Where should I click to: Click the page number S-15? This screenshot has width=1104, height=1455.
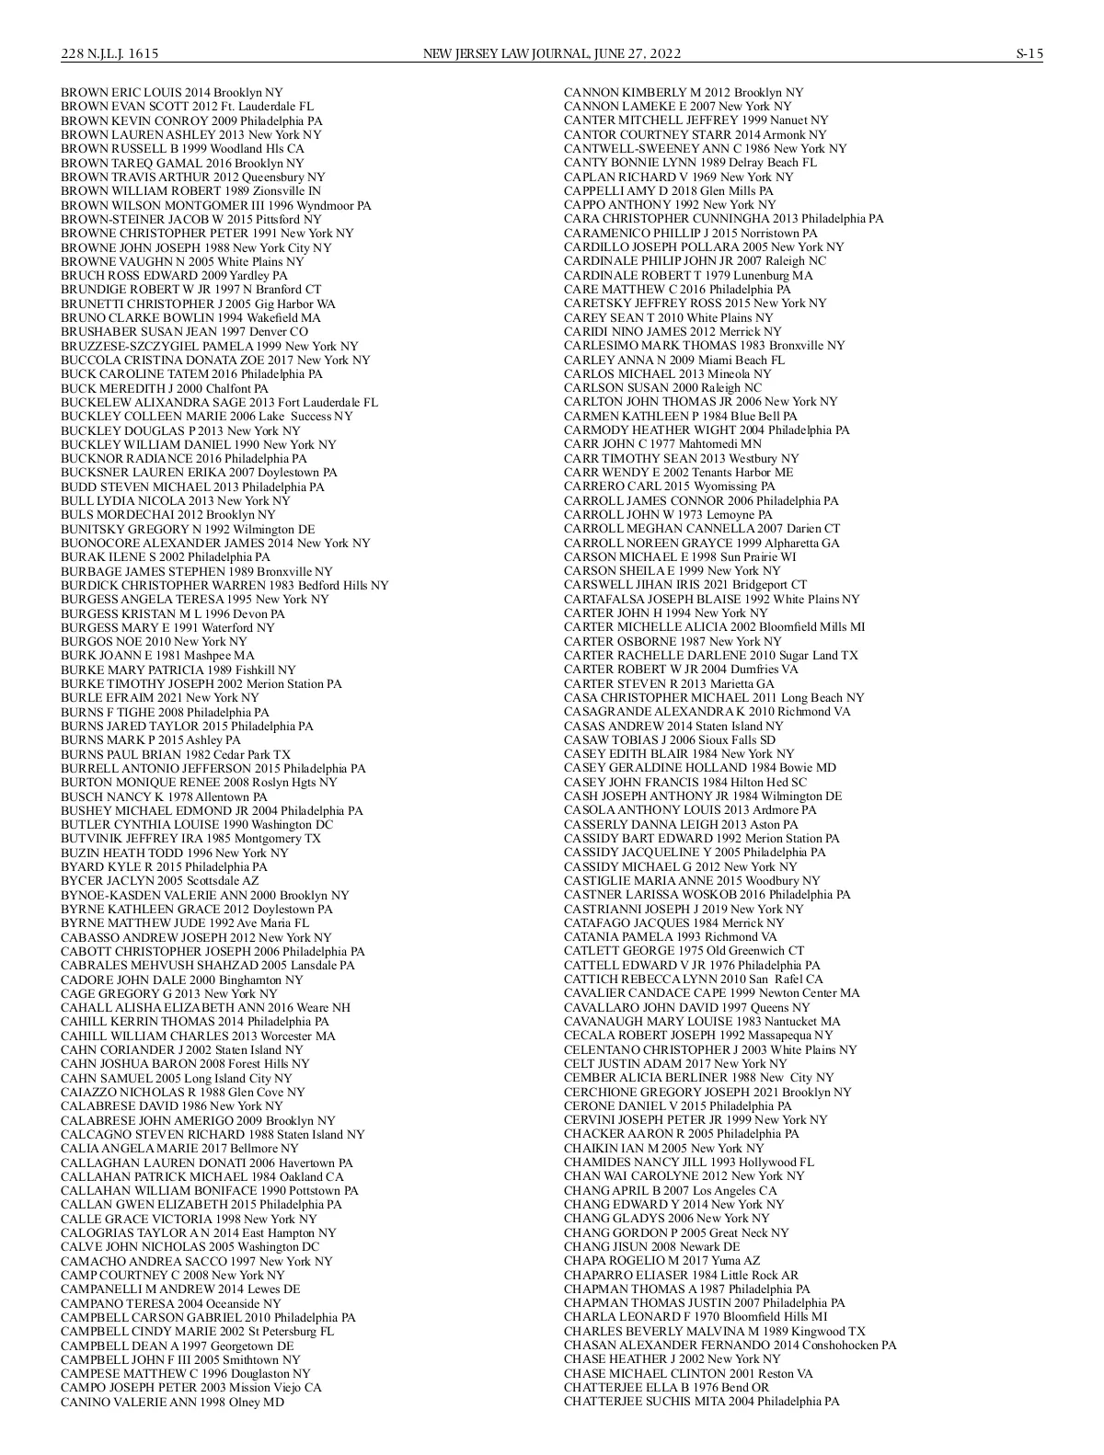pyautogui.click(x=1029, y=54)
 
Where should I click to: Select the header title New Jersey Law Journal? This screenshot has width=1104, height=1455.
pyautogui.click(x=551, y=54)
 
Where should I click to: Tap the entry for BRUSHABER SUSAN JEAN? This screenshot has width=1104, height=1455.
pyautogui.click(x=184, y=332)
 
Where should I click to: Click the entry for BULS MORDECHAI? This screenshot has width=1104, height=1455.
pyautogui.click(x=167, y=515)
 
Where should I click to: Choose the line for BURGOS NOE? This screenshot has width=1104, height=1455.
pyautogui.click(x=154, y=642)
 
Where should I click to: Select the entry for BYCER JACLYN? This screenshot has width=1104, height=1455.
pyautogui.click(x=159, y=881)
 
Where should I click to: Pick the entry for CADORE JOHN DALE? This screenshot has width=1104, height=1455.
pyautogui.click(x=181, y=980)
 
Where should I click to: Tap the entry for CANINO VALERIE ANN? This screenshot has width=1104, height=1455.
pyautogui.click(x=172, y=1403)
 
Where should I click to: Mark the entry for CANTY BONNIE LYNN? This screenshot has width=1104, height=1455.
pyautogui.click(x=690, y=163)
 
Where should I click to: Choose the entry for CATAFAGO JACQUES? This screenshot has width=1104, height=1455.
pyautogui.click(x=673, y=923)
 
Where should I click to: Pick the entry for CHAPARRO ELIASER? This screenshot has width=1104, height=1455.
pyautogui.click(x=681, y=1275)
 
